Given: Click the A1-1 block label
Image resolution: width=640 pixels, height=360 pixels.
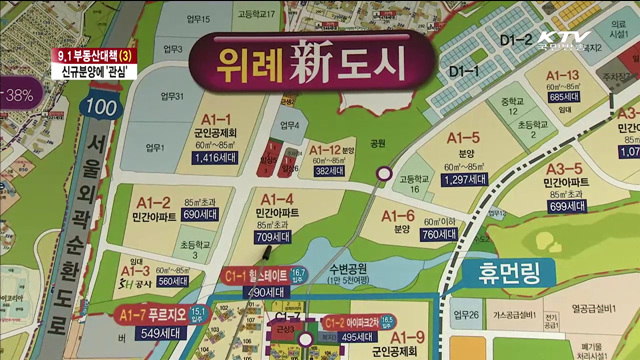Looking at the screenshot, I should pyautogui.click(x=219, y=117).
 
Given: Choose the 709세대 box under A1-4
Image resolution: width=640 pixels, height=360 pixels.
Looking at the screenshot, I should pyautogui.click(x=275, y=238).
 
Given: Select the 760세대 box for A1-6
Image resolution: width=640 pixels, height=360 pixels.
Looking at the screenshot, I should pyautogui.click(x=438, y=235).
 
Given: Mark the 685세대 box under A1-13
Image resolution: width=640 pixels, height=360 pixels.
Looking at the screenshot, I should pyautogui.click(x=565, y=97).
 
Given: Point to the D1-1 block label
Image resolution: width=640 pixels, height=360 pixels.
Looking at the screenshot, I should pyautogui.click(x=465, y=71).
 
